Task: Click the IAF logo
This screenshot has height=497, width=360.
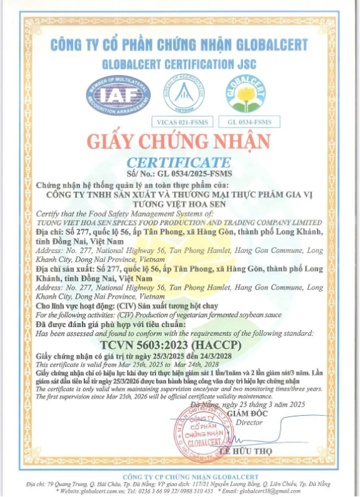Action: [118, 95]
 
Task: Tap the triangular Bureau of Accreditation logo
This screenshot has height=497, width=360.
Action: [184, 94]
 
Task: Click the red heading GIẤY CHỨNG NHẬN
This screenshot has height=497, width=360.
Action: [179, 141]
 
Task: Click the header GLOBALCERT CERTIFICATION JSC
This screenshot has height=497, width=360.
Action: [179, 64]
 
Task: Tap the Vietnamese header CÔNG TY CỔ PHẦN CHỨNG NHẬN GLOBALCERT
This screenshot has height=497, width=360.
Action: [179, 45]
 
